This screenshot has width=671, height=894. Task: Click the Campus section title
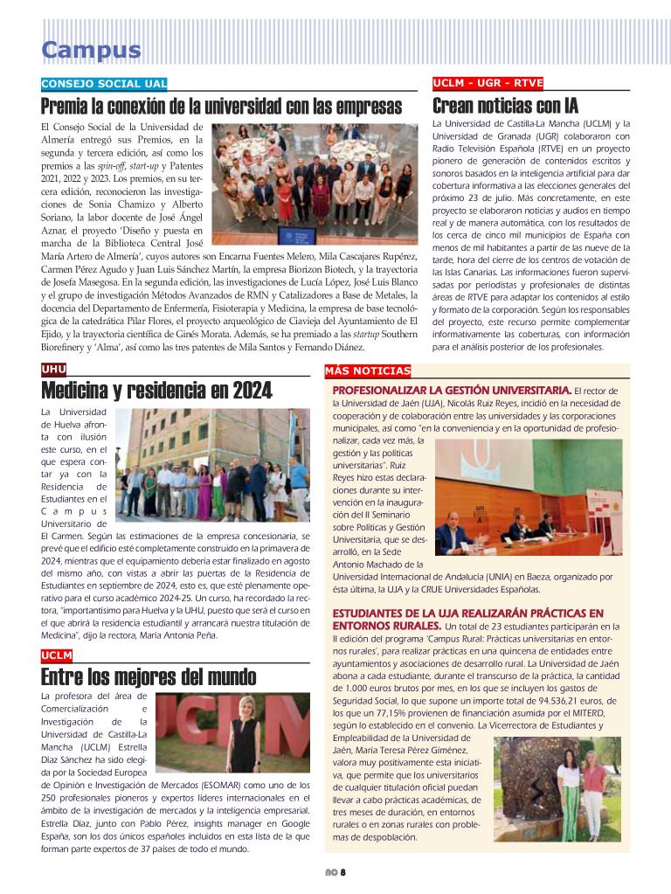[x=91, y=51]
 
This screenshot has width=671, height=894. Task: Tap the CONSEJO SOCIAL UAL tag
[x=104, y=84]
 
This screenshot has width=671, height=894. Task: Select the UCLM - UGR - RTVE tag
[x=488, y=84]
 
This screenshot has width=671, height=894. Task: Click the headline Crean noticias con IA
[x=505, y=107]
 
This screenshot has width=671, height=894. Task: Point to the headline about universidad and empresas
[x=221, y=107]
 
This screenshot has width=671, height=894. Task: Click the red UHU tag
[x=53, y=370]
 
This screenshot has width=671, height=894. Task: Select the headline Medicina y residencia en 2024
[x=156, y=391]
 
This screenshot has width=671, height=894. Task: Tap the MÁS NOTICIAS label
[x=367, y=371]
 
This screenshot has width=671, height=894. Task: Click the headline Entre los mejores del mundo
[x=149, y=677]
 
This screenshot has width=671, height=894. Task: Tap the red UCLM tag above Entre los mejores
[x=57, y=655]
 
